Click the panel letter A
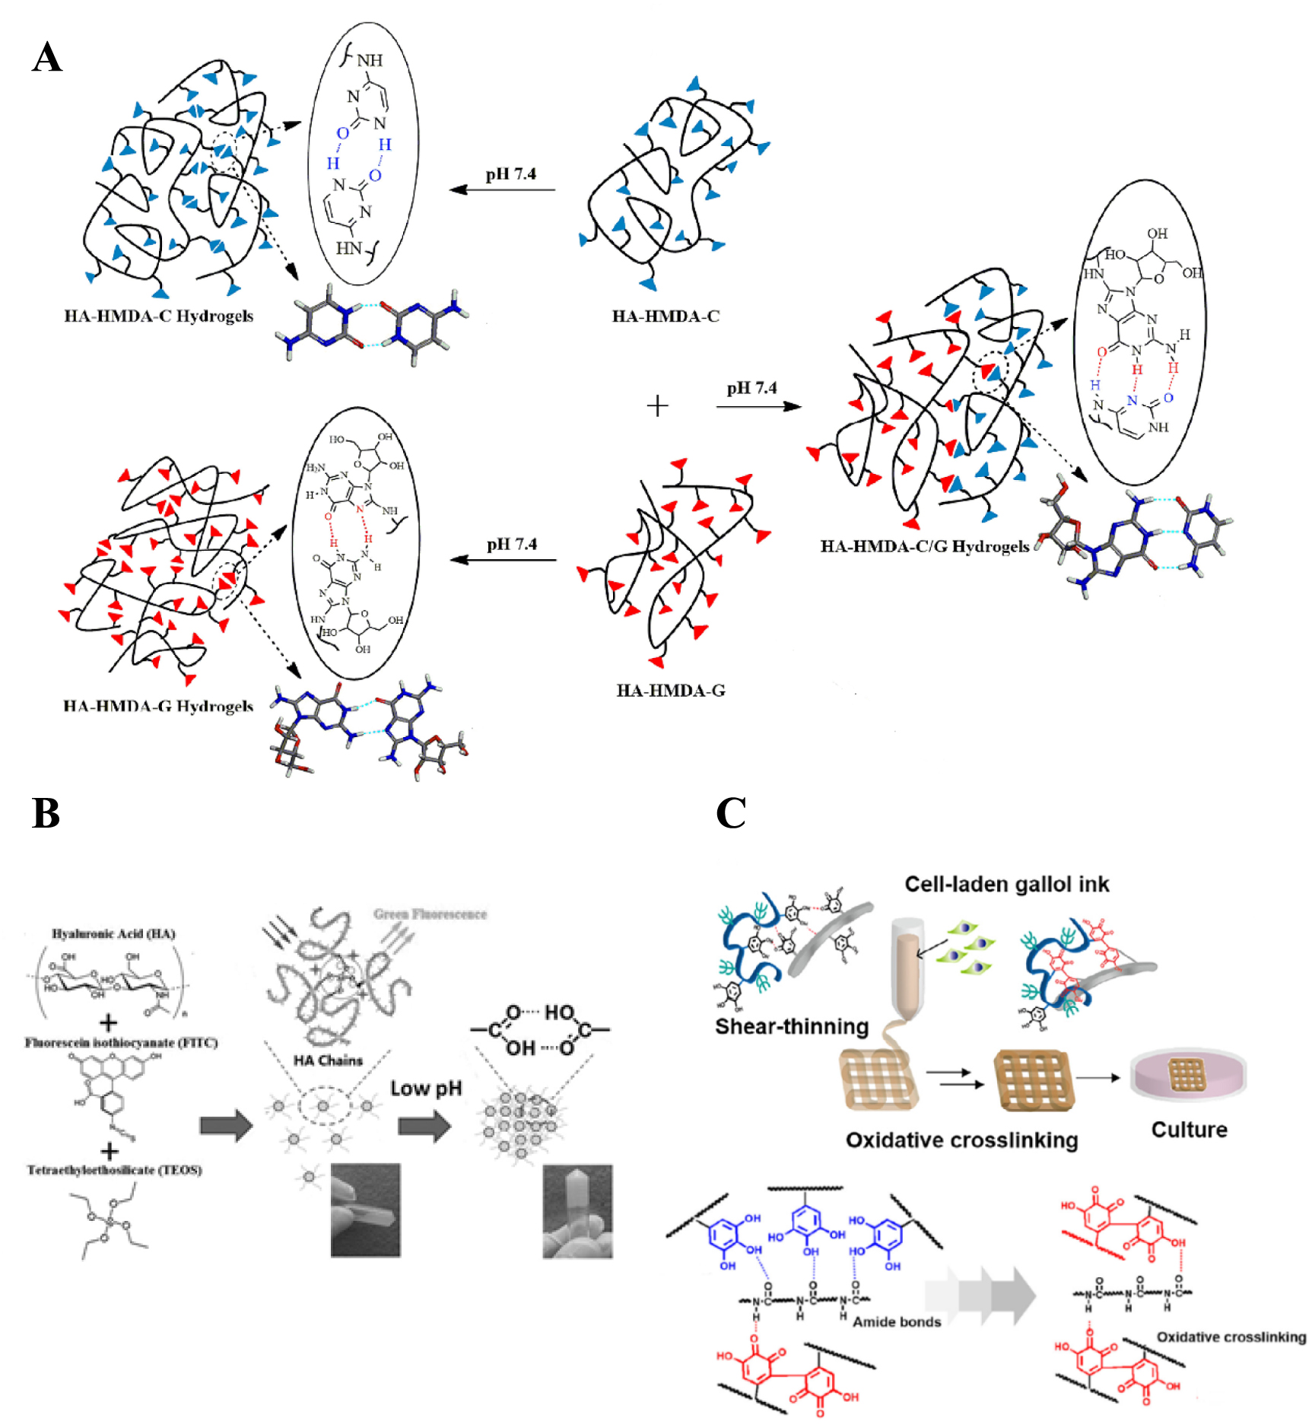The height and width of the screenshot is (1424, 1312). click(47, 57)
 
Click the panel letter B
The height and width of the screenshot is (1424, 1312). click(46, 813)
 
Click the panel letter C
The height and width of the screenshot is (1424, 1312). click(730, 813)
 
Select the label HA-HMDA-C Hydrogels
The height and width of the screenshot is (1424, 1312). click(158, 316)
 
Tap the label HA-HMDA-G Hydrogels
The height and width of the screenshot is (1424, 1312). click(158, 707)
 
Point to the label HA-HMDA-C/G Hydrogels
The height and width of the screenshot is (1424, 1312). click(925, 547)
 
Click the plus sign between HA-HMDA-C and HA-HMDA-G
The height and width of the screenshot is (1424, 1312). click(657, 405)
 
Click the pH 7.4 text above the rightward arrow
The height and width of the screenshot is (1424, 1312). click(751, 388)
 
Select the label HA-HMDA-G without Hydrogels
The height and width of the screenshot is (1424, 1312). click(671, 691)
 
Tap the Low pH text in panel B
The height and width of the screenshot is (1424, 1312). click(426, 1089)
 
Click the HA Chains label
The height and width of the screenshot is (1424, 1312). click(328, 1060)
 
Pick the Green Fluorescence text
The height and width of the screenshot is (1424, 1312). click(430, 914)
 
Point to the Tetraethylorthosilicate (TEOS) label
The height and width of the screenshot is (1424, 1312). click(114, 1170)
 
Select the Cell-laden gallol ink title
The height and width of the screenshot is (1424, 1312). click(1006, 884)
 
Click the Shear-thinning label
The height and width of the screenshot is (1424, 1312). click(792, 1026)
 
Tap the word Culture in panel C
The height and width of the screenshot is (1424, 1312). click(1189, 1130)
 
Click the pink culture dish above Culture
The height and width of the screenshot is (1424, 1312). click(1188, 1076)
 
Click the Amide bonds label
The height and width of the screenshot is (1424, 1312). click(897, 1321)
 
